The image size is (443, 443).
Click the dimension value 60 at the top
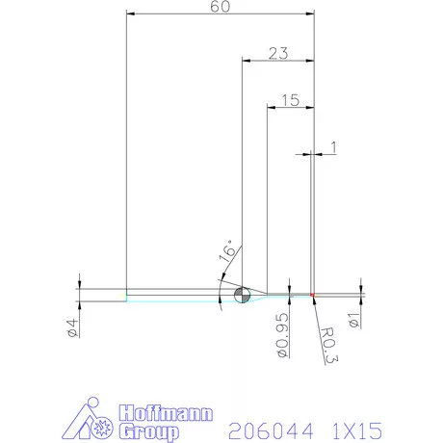pyautogui.click(x=220, y=7)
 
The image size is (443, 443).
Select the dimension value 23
pyautogui.click(x=278, y=53)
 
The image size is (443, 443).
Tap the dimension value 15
pyautogui.click(x=291, y=99)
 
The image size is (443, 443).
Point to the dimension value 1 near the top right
pyautogui.click(x=332, y=146)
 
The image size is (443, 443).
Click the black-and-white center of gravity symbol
pyautogui.click(x=242, y=294)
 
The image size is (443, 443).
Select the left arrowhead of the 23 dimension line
pyautogui.click(x=246, y=62)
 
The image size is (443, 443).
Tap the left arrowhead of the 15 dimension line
pyautogui.click(x=271, y=108)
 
